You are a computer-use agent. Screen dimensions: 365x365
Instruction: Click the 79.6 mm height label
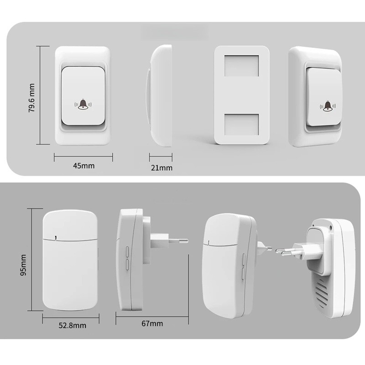tap(31, 98)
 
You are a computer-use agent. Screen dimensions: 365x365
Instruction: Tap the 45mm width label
tap(84, 166)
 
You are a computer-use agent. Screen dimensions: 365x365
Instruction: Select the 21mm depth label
tap(162, 167)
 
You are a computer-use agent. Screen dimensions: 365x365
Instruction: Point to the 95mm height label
tap(23, 265)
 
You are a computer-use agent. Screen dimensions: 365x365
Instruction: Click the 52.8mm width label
tap(73, 325)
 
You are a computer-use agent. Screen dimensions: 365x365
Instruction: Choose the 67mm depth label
tap(152, 323)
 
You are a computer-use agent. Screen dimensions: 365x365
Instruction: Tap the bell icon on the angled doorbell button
tap(328, 106)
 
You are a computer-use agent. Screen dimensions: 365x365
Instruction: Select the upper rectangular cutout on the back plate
tap(242, 66)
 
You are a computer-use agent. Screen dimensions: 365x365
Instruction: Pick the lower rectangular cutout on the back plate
tap(242, 124)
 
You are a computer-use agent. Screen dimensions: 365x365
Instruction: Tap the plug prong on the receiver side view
tap(178, 241)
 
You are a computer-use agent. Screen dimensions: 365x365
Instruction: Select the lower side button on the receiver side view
tap(127, 265)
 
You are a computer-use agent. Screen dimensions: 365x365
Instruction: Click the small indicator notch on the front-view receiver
tap(55, 237)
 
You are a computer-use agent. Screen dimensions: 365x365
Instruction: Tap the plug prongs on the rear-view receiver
tap(285, 252)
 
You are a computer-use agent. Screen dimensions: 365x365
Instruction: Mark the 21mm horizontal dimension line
tap(161, 156)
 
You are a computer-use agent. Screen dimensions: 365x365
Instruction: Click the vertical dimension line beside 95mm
tap(31, 260)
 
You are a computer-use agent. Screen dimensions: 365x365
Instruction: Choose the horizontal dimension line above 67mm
tap(152, 317)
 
